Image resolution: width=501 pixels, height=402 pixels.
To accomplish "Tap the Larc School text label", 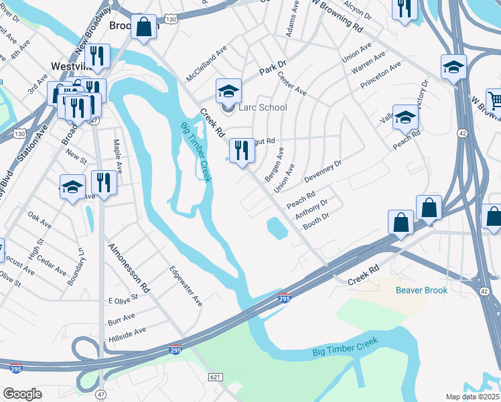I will [263, 107].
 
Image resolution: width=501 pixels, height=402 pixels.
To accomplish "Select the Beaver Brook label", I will [421, 290].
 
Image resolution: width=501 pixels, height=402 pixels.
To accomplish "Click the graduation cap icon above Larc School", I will [228, 90].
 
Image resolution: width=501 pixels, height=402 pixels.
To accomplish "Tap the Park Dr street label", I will [273, 67].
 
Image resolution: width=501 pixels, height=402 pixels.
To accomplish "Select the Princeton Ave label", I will [380, 75].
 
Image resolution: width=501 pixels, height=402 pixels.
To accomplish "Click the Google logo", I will [22, 394].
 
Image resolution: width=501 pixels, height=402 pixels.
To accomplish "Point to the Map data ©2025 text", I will [472, 397].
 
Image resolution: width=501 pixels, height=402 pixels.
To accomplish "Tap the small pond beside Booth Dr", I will [277, 229].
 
